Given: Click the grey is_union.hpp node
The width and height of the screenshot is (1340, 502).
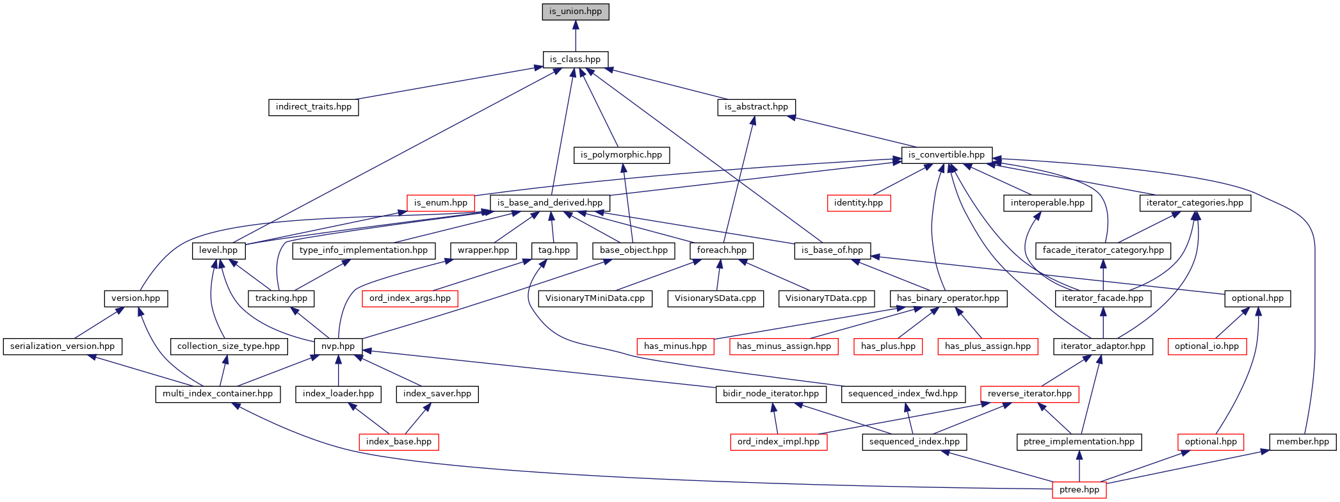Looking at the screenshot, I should pyautogui.click(x=576, y=12).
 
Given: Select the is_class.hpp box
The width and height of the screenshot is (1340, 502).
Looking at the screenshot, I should pyautogui.click(x=575, y=60).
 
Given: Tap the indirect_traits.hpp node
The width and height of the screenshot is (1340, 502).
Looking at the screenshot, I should pyautogui.click(x=314, y=107).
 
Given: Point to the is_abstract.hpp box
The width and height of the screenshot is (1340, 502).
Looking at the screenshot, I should pyautogui.click(x=756, y=107).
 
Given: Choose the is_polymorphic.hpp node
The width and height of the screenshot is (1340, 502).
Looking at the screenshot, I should pyautogui.click(x=621, y=155).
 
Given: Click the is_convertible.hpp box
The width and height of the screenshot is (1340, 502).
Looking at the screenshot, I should pyautogui.click(x=946, y=155).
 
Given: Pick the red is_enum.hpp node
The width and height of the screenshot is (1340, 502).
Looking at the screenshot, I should pyautogui.click(x=440, y=203).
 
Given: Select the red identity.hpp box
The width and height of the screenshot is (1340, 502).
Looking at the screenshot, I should pyautogui.click(x=858, y=203).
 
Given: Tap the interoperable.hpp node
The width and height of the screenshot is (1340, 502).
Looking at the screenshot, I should pyautogui.click(x=1047, y=203).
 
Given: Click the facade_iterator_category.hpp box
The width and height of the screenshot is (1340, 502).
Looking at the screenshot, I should pyautogui.click(x=1103, y=250).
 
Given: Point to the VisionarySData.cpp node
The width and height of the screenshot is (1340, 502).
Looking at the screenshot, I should pyautogui.click(x=715, y=298).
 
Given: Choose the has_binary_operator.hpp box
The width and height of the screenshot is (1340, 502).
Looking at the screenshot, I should pyautogui.click(x=948, y=298).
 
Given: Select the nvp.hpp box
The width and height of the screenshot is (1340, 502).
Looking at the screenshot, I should pyautogui.click(x=338, y=346).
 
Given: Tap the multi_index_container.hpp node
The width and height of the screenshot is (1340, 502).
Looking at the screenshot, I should pyautogui.click(x=218, y=394).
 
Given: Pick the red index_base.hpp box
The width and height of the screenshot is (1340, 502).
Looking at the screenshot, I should pyautogui.click(x=399, y=442).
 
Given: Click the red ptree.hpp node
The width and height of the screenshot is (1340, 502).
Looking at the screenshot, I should pyautogui.click(x=1079, y=490).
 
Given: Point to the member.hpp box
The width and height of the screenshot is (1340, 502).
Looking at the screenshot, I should pyautogui.click(x=1302, y=442).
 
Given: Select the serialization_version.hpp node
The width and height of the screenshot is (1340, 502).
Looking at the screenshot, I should pyautogui.click(x=63, y=346).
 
